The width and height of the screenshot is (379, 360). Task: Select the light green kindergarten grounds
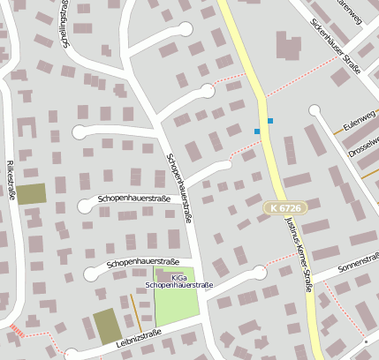tap(177, 304)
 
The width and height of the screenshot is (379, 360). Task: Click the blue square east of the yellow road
tap(270, 120)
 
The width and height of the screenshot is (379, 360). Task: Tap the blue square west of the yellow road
tap(257, 131)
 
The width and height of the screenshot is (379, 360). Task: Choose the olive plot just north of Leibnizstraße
tap(108, 326)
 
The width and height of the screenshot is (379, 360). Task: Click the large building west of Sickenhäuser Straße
tap(288, 46)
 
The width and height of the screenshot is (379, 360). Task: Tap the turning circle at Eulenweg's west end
tap(315, 110)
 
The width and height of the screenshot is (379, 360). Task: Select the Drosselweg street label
tap(364, 146)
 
